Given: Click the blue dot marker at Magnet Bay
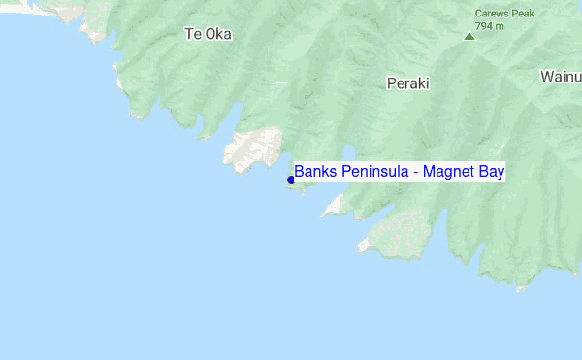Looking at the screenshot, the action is [x=291, y=180].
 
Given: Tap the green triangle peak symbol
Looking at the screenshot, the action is [x=469, y=37].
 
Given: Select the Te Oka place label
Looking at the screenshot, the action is [x=208, y=34].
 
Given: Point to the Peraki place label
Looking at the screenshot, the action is [x=407, y=83].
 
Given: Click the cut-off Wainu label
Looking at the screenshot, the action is [x=561, y=76].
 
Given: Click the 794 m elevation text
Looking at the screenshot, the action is [x=490, y=26].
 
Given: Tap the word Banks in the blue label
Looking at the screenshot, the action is [x=313, y=172].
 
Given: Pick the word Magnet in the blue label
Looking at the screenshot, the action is [x=447, y=172].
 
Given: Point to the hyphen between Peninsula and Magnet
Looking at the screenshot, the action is [x=415, y=173].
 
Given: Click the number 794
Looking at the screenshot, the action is [x=483, y=26].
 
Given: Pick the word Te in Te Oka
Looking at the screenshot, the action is [x=192, y=34].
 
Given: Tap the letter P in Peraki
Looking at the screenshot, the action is [x=391, y=83].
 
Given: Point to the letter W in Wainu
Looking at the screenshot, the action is [x=548, y=76].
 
